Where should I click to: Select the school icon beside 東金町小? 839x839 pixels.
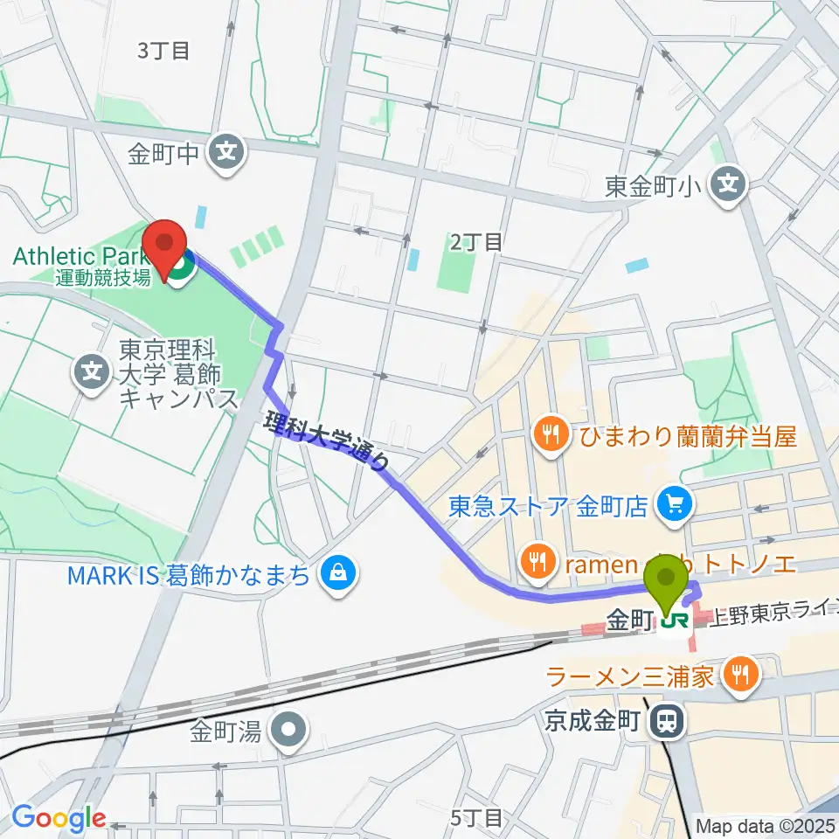[x=727, y=184]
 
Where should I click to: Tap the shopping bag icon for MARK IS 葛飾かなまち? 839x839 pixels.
[x=336, y=574]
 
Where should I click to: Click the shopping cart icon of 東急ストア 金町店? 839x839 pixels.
[x=675, y=503]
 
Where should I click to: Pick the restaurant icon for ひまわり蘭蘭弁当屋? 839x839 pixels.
[x=551, y=433]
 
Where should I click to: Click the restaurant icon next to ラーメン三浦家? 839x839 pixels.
[x=740, y=674]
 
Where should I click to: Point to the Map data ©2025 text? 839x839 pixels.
[x=765, y=824]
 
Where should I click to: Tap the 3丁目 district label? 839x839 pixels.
[x=164, y=51]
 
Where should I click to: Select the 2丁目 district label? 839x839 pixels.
[x=477, y=242]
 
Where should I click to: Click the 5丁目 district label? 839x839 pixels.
[x=477, y=818]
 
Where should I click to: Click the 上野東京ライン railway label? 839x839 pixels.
[x=769, y=617]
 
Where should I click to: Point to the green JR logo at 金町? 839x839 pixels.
[x=674, y=621]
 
